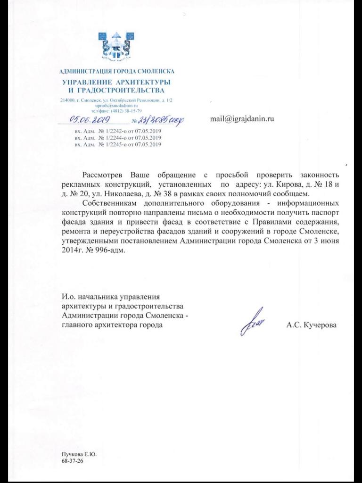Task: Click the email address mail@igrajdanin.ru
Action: (242, 119)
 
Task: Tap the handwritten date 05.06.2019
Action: (88, 120)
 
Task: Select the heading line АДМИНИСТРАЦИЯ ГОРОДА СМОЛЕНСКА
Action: (116, 72)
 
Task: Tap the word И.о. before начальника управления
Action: (69, 297)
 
